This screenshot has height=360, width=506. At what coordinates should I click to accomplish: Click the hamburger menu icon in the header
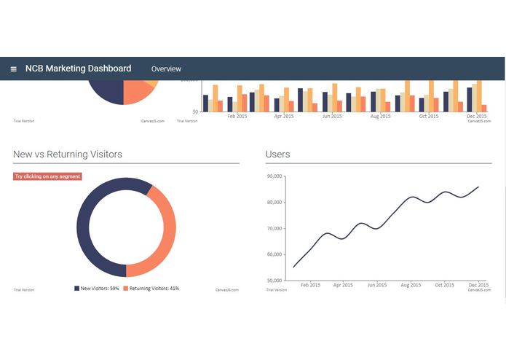pyautogui.click(x=14, y=69)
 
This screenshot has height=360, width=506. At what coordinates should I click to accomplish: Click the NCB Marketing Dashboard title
pyautogui.click(x=78, y=69)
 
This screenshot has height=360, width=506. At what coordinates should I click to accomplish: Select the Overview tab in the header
pyautogui.click(x=166, y=69)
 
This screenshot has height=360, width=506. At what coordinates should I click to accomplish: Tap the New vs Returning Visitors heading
pyautogui.click(x=68, y=154)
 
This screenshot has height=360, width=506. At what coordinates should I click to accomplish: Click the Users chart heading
pyautogui.click(x=278, y=154)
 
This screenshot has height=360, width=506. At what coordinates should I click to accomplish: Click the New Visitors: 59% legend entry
pyautogui.click(x=97, y=289)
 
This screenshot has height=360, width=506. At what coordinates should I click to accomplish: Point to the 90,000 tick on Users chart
pyautogui.click(x=274, y=176)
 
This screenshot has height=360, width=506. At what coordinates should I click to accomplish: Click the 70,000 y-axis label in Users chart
pyautogui.click(x=274, y=229)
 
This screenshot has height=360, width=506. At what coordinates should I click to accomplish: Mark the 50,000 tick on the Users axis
pyautogui.click(x=274, y=281)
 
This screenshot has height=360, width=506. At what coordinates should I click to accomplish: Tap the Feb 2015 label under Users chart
pyautogui.click(x=310, y=285)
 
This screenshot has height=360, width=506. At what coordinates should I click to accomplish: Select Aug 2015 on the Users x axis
pyautogui.click(x=410, y=285)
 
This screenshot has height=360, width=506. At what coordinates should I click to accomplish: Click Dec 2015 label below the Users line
pyautogui.click(x=478, y=285)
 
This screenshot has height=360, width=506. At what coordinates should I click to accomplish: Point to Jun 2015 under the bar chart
pyautogui.click(x=332, y=116)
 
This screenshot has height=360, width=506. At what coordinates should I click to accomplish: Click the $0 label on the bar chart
pyautogui.click(x=195, y=111)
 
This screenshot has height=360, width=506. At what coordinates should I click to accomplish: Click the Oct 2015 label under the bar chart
pyautogui.click(x=429, y=116)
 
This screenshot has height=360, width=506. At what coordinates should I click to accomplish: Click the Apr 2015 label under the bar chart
pyautogui.click(x=284, y=116)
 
